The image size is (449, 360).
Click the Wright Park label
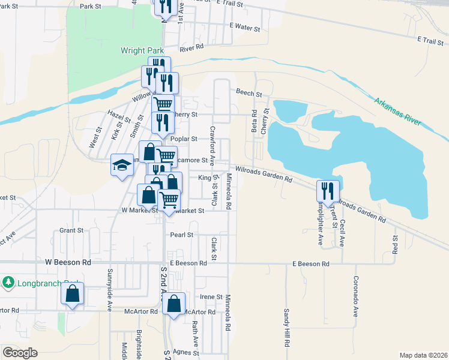142,51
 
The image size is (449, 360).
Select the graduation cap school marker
122,165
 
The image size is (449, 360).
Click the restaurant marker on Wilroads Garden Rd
328,191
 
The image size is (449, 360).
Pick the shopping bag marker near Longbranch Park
72,294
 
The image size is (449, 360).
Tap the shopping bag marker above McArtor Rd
174,304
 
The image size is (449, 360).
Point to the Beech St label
249,93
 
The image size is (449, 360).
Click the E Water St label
245,28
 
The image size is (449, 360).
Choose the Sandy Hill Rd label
288,328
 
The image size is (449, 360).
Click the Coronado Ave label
355,297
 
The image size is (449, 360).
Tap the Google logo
20,352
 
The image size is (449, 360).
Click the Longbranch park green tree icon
8,281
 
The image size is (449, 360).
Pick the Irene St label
211,297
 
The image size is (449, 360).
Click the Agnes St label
185,353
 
